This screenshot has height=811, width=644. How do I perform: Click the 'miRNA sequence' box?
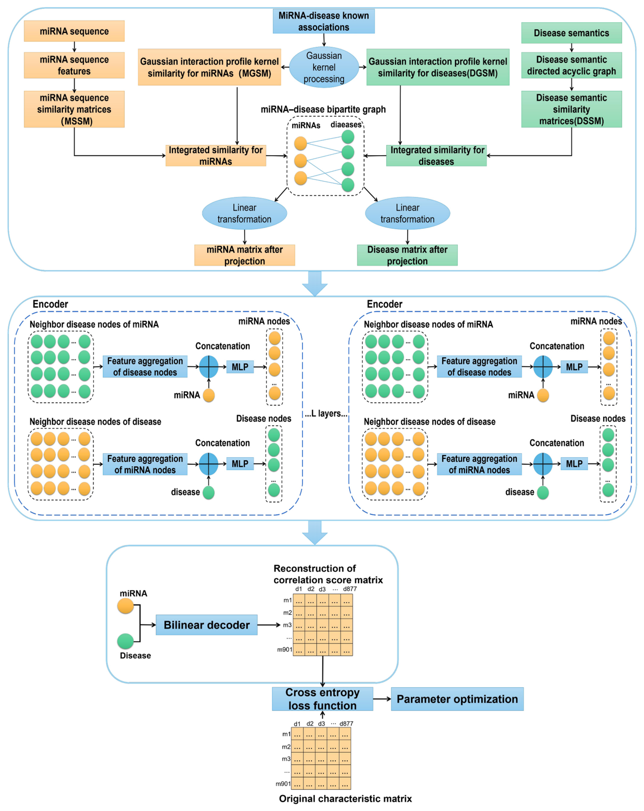point(74,31)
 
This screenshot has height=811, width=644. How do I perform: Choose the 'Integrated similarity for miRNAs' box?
point(216,155)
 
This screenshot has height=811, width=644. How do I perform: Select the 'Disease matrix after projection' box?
point(407,255)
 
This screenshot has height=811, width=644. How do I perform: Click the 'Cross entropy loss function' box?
point(323,699)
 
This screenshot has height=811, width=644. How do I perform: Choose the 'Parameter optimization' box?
point(457,699)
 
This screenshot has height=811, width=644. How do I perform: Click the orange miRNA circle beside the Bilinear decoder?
point(126,606)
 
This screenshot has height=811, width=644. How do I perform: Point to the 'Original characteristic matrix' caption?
point(345,799)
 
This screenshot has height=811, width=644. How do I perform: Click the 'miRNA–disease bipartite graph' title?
point(323,110)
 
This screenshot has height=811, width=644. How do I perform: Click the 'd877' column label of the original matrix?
point(346,723)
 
